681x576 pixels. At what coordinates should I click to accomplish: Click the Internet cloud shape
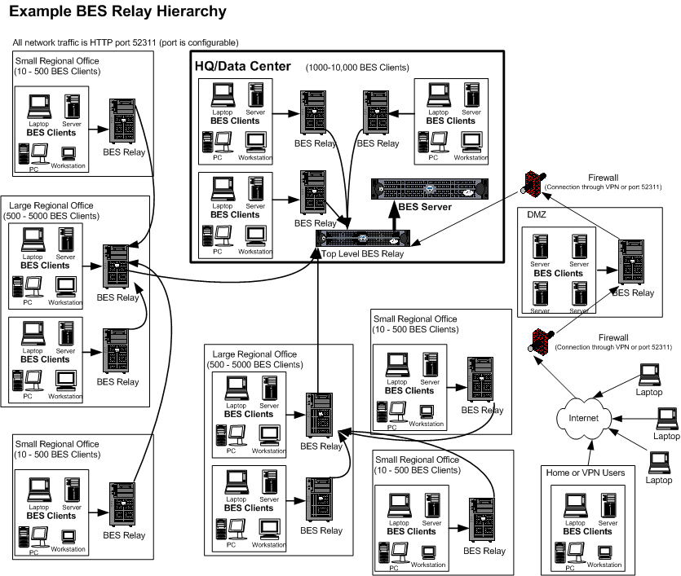click(583, 417)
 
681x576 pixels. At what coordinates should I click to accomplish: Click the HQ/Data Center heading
click(242, 66)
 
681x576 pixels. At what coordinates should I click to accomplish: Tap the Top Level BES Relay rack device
click(361, 239)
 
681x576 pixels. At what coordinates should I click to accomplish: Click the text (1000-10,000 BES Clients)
click(357, 68)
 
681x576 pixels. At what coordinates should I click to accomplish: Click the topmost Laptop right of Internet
click(650, 376)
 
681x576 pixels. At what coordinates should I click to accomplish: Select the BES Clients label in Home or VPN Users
click(586, 531)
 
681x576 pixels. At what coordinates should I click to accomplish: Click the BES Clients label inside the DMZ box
click(558, 274)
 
